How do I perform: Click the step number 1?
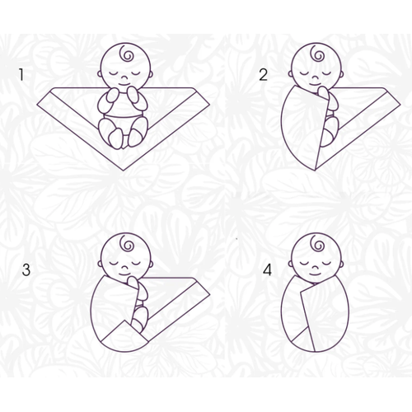click(x=23, y=75)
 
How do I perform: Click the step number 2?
click(x=263, y=75)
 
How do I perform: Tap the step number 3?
click(x=27, y=269)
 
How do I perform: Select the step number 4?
click(x=265, y=269)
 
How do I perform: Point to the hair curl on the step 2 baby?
click(x=317, y=57)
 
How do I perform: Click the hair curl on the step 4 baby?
click(x=317, y=247)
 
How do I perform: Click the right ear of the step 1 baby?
click(x=150, y=72)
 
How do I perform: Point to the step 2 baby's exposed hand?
click(x=330, y=100)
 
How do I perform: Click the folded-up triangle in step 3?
click(x=124, y=335)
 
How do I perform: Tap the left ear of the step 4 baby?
click(x=292, y=264)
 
